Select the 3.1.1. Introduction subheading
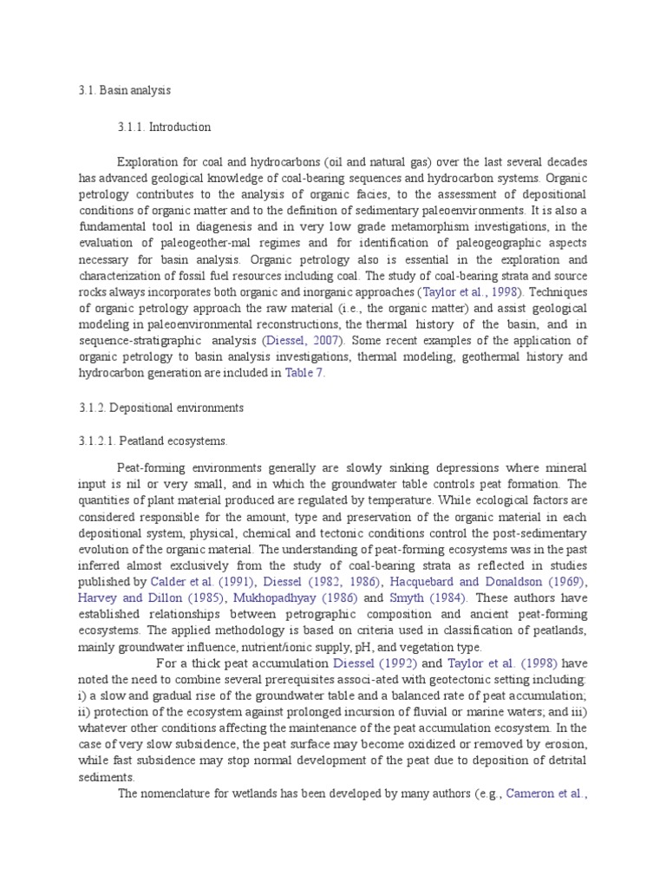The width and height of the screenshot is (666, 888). point(164,127)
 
